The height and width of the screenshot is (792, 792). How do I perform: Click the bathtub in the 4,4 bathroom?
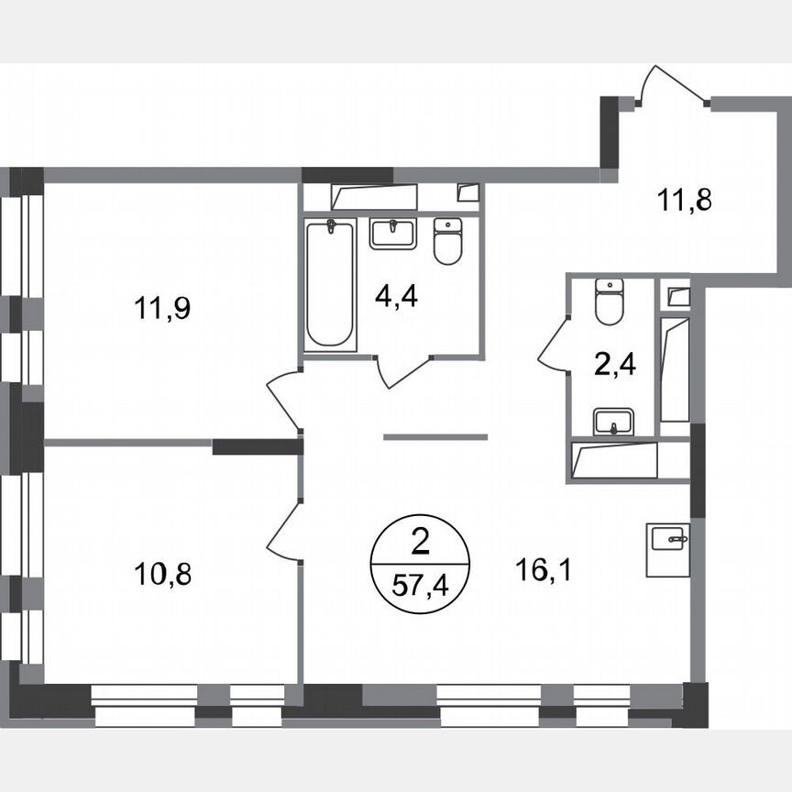330,283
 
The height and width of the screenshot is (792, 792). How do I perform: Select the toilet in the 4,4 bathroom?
447,242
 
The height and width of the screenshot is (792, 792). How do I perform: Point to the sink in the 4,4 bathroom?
392,232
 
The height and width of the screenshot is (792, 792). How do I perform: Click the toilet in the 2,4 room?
609,302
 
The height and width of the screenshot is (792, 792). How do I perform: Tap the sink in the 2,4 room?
610,422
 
